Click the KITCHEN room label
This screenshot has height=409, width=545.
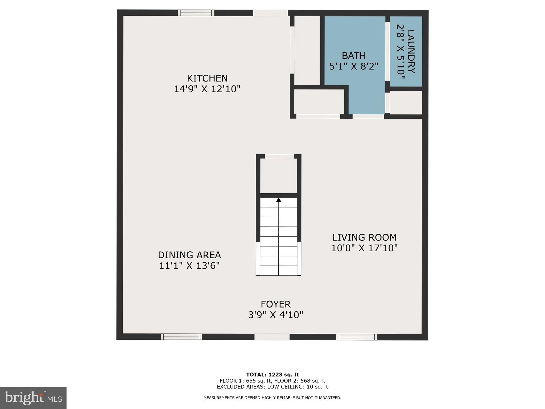pos(207,78)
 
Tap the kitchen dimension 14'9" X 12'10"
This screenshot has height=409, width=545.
pos(207,89)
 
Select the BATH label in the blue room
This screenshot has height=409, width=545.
pos(354,56)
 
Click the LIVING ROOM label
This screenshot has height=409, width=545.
pos(364,237)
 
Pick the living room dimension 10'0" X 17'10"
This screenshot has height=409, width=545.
pos(364,248)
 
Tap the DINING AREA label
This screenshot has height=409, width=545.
pos(189,255)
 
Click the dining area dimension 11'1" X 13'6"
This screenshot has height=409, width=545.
pos(189,266)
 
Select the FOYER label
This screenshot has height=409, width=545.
pos(275,304)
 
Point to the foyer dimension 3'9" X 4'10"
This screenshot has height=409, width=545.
pos(275,315)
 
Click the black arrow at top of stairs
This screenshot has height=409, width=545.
pos(278,200)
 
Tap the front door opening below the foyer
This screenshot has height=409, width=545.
pos(272,337)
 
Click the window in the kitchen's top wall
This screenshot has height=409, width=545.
pos(196,13)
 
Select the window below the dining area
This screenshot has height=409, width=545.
pos(181,337)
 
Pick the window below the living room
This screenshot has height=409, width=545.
pos(357,337)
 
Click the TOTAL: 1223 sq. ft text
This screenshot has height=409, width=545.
pos(272,375)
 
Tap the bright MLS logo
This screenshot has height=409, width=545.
pos(33,398)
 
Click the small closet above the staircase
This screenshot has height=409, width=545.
pos(278,176)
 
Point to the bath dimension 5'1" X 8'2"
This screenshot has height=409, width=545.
pos(354,66)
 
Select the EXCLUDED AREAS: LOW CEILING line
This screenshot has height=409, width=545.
pos(272,387)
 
